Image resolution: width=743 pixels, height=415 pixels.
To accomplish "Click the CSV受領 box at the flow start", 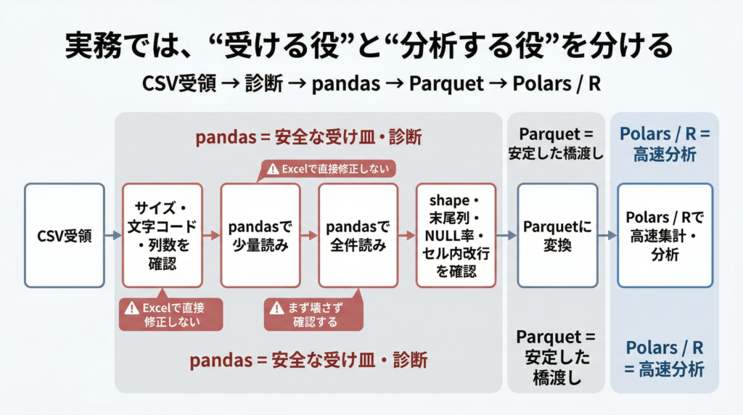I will (x=65, y=235).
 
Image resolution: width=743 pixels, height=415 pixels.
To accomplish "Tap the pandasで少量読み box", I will (x=260, y=235).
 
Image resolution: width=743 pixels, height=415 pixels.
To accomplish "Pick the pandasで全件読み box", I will (x=358, y=235).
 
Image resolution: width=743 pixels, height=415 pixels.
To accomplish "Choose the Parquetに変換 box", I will (x=557, y=235).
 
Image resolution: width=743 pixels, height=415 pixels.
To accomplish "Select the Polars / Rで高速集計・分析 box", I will (x=665, y=235).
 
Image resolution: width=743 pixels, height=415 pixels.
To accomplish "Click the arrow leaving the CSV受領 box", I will (x=112, y=235).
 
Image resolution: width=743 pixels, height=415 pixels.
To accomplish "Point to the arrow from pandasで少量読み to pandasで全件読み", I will (x=309, y=235).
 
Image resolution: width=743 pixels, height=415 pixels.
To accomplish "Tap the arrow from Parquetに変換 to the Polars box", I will (x=607, y=235).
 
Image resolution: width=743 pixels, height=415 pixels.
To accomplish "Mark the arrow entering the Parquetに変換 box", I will (x=506, y=235).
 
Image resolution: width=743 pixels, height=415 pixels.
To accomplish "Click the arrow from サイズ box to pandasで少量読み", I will (x=210, y=235).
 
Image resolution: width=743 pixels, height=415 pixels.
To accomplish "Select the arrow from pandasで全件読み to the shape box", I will (x=407, y=235).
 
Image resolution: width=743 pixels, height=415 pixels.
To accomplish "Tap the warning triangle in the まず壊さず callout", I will (x=276, y=308).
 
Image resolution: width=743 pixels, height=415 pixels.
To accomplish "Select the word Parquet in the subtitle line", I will (x=446, y=83).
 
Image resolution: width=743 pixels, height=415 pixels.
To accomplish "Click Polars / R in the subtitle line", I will (x=557, y=83).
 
